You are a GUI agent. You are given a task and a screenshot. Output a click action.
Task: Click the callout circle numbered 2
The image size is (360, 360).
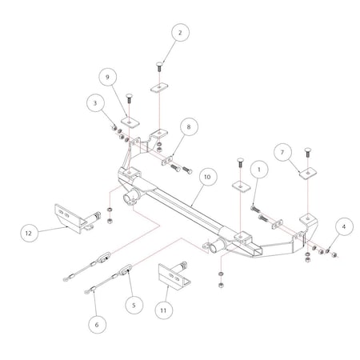tap(180, 33)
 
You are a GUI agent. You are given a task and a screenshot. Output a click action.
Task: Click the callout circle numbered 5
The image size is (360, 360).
tap(134, 304)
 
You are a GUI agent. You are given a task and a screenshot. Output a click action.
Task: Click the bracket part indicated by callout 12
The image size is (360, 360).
tap(70, 218)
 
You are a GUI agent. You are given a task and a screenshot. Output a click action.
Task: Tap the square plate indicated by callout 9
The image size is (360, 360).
tap(130, 122)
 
